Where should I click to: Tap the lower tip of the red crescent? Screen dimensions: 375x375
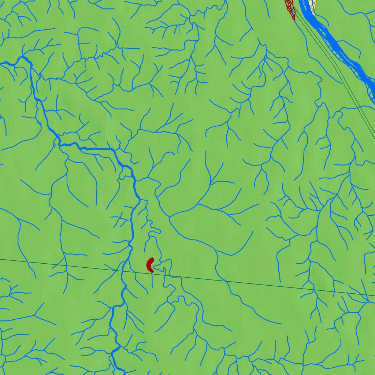coord(152,271)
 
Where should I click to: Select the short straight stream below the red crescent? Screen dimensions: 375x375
coord(152,280)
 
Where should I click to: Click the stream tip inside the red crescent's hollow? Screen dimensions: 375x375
coord(153,266)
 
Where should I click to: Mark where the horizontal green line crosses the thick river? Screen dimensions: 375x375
coord(124,271)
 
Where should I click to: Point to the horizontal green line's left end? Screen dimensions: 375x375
coord(0,259)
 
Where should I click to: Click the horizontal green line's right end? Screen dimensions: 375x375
coord(374,295)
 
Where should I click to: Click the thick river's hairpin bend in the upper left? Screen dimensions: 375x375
coord(24,57)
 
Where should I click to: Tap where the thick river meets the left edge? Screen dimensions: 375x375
coord(1,63)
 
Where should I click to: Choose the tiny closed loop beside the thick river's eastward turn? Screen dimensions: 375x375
coord(55,145)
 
